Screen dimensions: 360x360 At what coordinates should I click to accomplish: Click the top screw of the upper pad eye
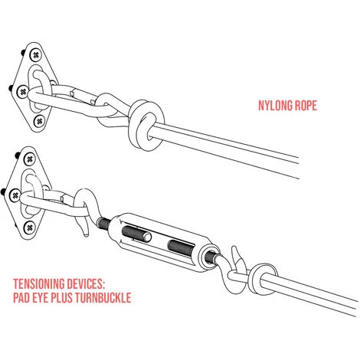click(x=36, y=54)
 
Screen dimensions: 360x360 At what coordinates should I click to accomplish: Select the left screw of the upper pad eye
click(x=23, y=91)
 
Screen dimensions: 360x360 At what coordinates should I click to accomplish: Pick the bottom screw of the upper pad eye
click(x=39, y=121)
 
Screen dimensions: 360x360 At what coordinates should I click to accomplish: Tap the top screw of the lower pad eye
click(x=30, y=159)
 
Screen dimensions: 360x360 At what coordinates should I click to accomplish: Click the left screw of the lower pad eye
click(x=15, y=195)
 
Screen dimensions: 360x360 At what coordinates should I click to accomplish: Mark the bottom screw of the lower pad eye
click(x=30, y=227)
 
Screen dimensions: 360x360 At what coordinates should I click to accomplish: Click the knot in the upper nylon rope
click(x=146, y=125)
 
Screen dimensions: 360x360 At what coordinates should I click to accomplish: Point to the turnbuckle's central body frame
click(x=162, y=242)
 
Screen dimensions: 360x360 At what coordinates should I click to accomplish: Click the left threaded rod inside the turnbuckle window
click(x=136, y=234)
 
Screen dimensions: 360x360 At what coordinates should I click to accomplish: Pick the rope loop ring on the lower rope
click(x=263, y=280)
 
